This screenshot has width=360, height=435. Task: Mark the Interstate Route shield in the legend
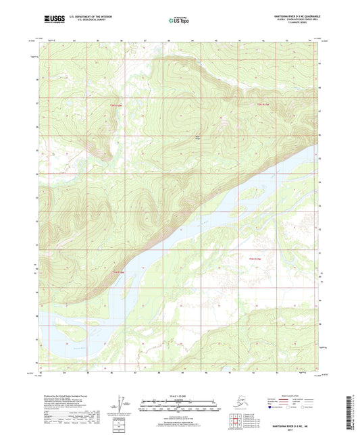coord(257,407)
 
